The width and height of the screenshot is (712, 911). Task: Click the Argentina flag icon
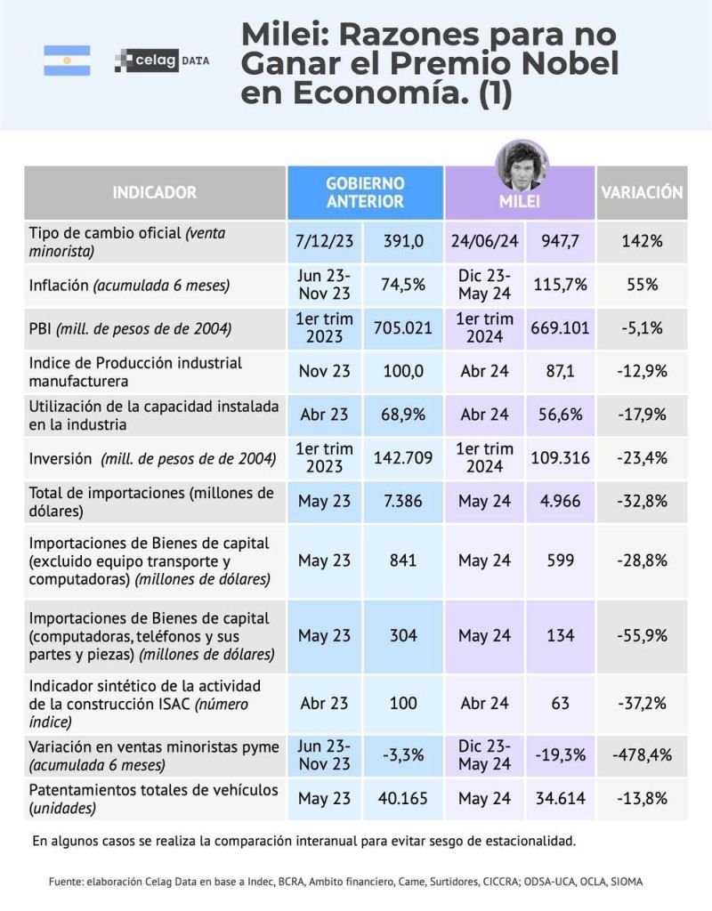[67, 60]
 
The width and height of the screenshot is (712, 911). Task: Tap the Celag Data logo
[162, 61]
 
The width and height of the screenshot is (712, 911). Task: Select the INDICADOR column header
[155, 192]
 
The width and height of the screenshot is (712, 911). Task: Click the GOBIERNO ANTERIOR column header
[365, 192]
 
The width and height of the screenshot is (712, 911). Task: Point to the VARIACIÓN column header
[641, 192]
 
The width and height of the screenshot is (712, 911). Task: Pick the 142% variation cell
[641, 241]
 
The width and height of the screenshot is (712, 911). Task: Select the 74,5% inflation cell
[402, 285]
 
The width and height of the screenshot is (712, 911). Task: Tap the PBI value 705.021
[402, 327]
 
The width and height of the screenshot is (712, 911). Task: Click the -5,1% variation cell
[641, 327]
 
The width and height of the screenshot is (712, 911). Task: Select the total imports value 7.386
[402, 502]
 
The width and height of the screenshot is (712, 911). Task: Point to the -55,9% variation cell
[641, 636]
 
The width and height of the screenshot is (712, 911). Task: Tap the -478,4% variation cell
[641, 754]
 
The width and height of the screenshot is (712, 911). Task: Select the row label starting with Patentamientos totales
[154, 798]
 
